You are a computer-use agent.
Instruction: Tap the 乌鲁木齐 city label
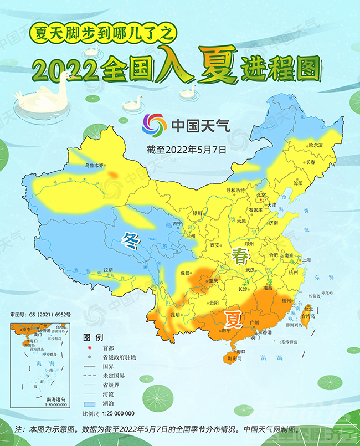point(94,165)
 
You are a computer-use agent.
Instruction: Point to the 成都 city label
point(184,273)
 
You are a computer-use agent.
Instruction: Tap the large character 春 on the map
point(240,256)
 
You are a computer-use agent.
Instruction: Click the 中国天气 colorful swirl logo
point(155,125)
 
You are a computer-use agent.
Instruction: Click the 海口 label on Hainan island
point(240,351)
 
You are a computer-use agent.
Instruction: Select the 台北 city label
point(308,309)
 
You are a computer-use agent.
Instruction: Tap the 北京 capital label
point(261,195)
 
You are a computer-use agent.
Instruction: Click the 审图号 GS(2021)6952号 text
point(44,315)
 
